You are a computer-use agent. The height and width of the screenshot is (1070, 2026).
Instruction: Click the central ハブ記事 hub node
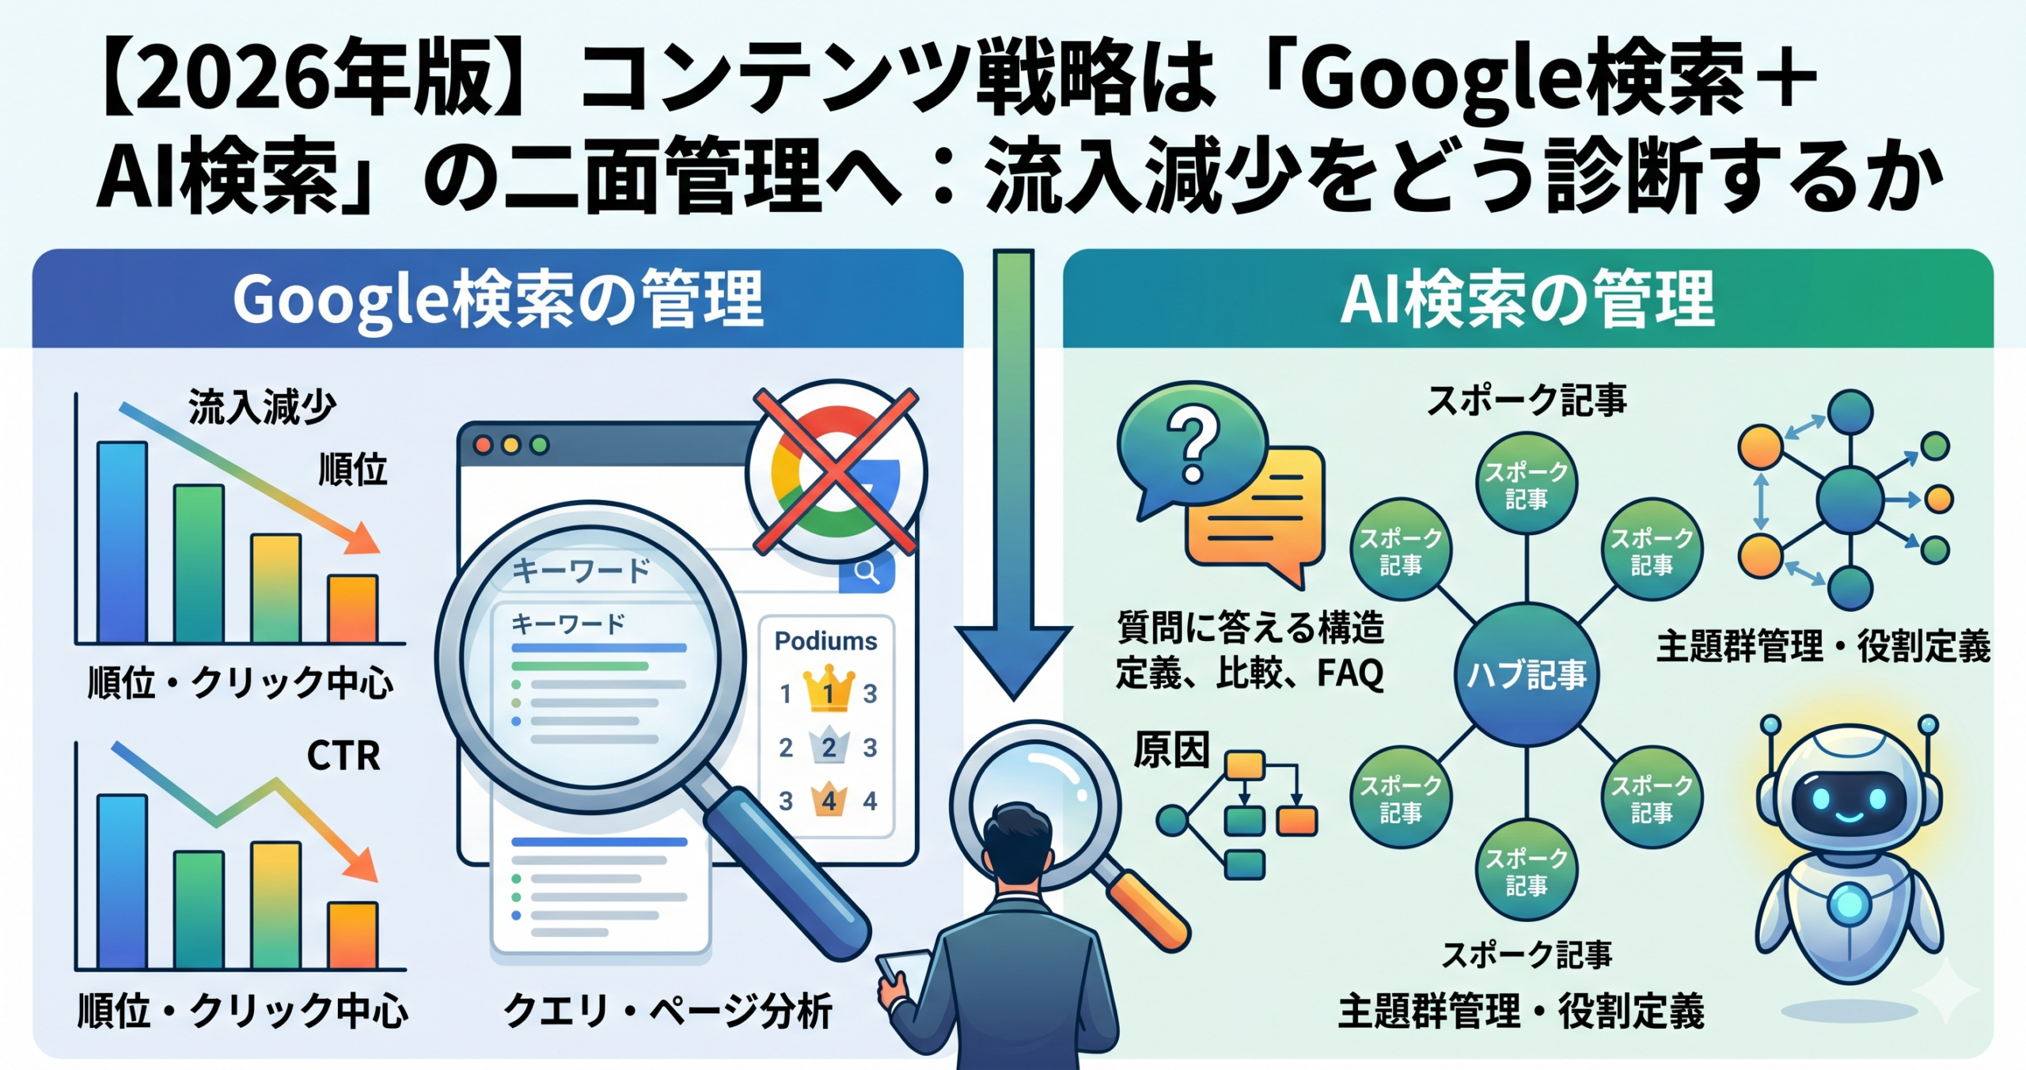(x=1526, y=675)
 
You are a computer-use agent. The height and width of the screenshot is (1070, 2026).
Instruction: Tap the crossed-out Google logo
(x=836, y=472)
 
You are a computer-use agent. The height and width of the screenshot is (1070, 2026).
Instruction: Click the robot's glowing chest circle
(x=1849, y=903)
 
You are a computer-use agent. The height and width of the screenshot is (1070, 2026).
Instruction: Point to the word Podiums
(x=825, y=641)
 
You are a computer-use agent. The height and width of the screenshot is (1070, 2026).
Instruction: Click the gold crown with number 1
(x=828, y=690)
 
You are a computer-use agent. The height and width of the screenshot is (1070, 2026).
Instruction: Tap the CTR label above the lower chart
(x=343, y=756)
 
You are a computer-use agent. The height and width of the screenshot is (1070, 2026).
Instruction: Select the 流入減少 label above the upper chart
(x=261, y=408)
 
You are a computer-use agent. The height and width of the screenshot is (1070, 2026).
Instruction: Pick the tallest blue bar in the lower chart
(x=122, y=881)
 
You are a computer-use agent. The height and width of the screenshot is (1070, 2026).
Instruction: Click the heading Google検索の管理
(x=498, y=299)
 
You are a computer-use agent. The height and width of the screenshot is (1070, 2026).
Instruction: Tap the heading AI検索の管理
(x=1527, y=299)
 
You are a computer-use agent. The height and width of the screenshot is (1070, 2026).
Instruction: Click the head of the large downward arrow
(x=1014, y=657)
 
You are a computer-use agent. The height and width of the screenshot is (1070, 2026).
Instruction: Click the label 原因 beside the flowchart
(x=1171, y=750)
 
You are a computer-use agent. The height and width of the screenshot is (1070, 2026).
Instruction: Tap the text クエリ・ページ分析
(x=667, y=1011)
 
